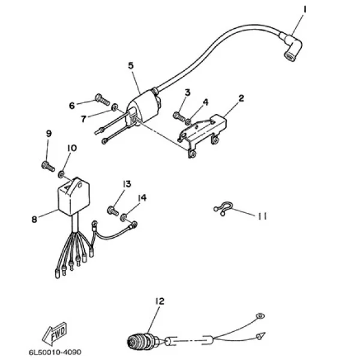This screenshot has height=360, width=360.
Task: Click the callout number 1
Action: point(305,10)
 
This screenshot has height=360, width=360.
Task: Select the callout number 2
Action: point(241,98)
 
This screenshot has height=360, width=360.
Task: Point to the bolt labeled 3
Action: point(179,116)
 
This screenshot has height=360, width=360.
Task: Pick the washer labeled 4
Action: point(188,122)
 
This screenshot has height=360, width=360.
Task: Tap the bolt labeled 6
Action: point(103,100)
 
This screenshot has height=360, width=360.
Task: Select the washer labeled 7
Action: point(115,107)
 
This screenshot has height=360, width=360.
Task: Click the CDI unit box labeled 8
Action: point(73,197)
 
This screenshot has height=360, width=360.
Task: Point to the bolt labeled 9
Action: point(48,166)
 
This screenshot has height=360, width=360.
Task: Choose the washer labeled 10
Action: point(61,175)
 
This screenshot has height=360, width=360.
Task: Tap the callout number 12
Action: point(160,301)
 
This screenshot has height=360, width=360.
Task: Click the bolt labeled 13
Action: point(113,211)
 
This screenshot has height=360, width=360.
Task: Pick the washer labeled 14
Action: point(124,217)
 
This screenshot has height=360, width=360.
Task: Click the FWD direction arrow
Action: point(54,334)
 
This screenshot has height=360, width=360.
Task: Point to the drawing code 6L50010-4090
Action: point(55,352)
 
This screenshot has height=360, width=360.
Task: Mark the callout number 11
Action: point(262,216)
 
